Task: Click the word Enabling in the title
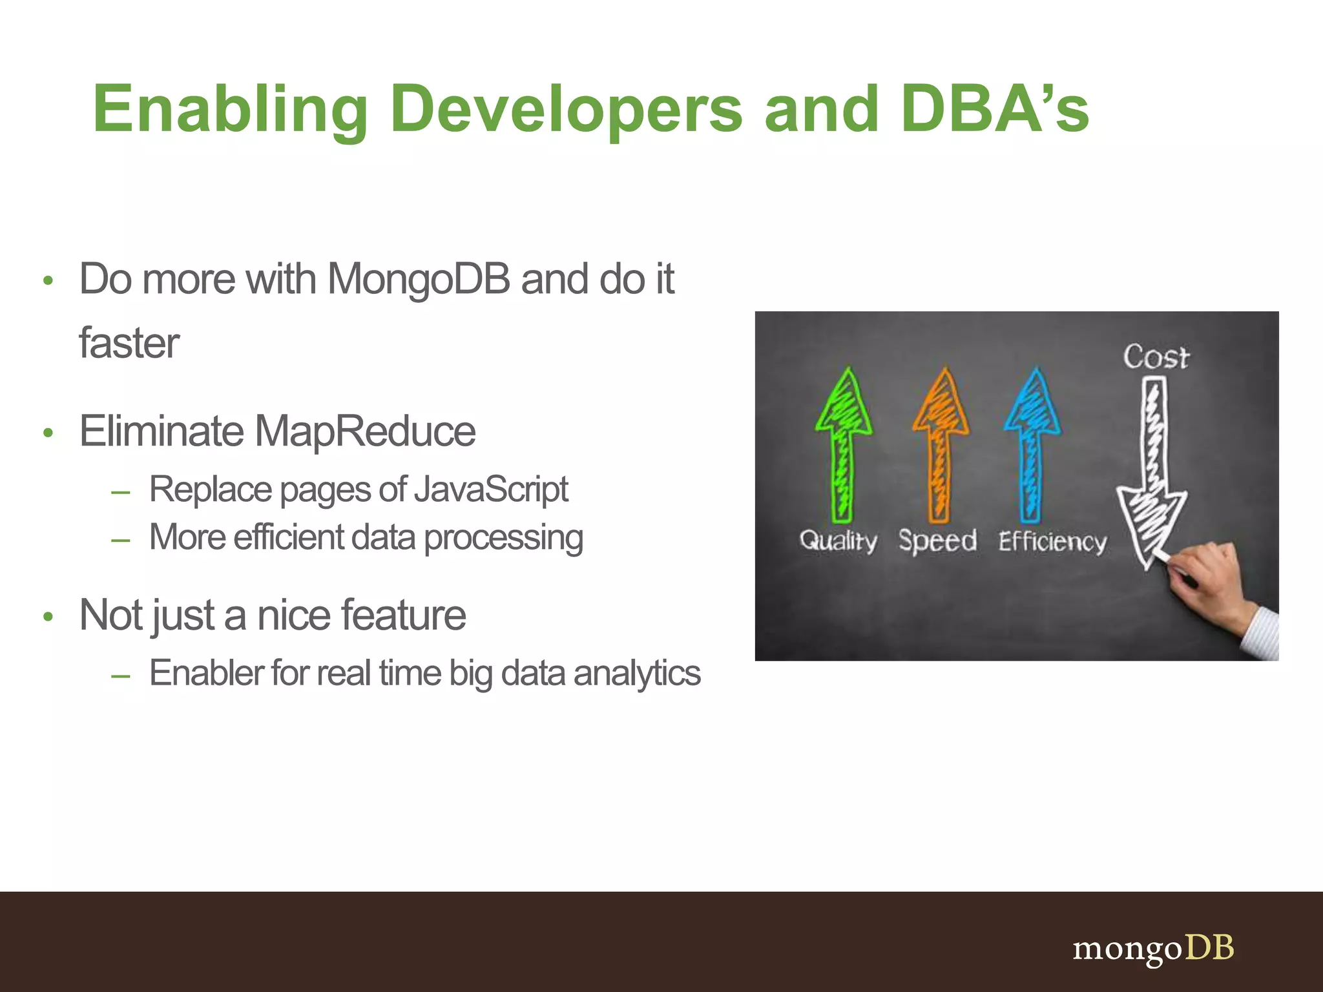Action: pos(230,110)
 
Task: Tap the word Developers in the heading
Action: pos(566,110)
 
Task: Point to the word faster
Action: pos(129,343)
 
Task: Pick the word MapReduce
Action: pos(365,431)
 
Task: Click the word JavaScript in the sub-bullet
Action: pos(491,489)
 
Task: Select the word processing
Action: pos(503,538)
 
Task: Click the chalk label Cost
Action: pos(1155,357)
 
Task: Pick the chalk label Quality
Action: pos(838,541)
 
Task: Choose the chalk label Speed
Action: pos(937,541)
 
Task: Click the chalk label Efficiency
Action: pos(1052,541)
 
